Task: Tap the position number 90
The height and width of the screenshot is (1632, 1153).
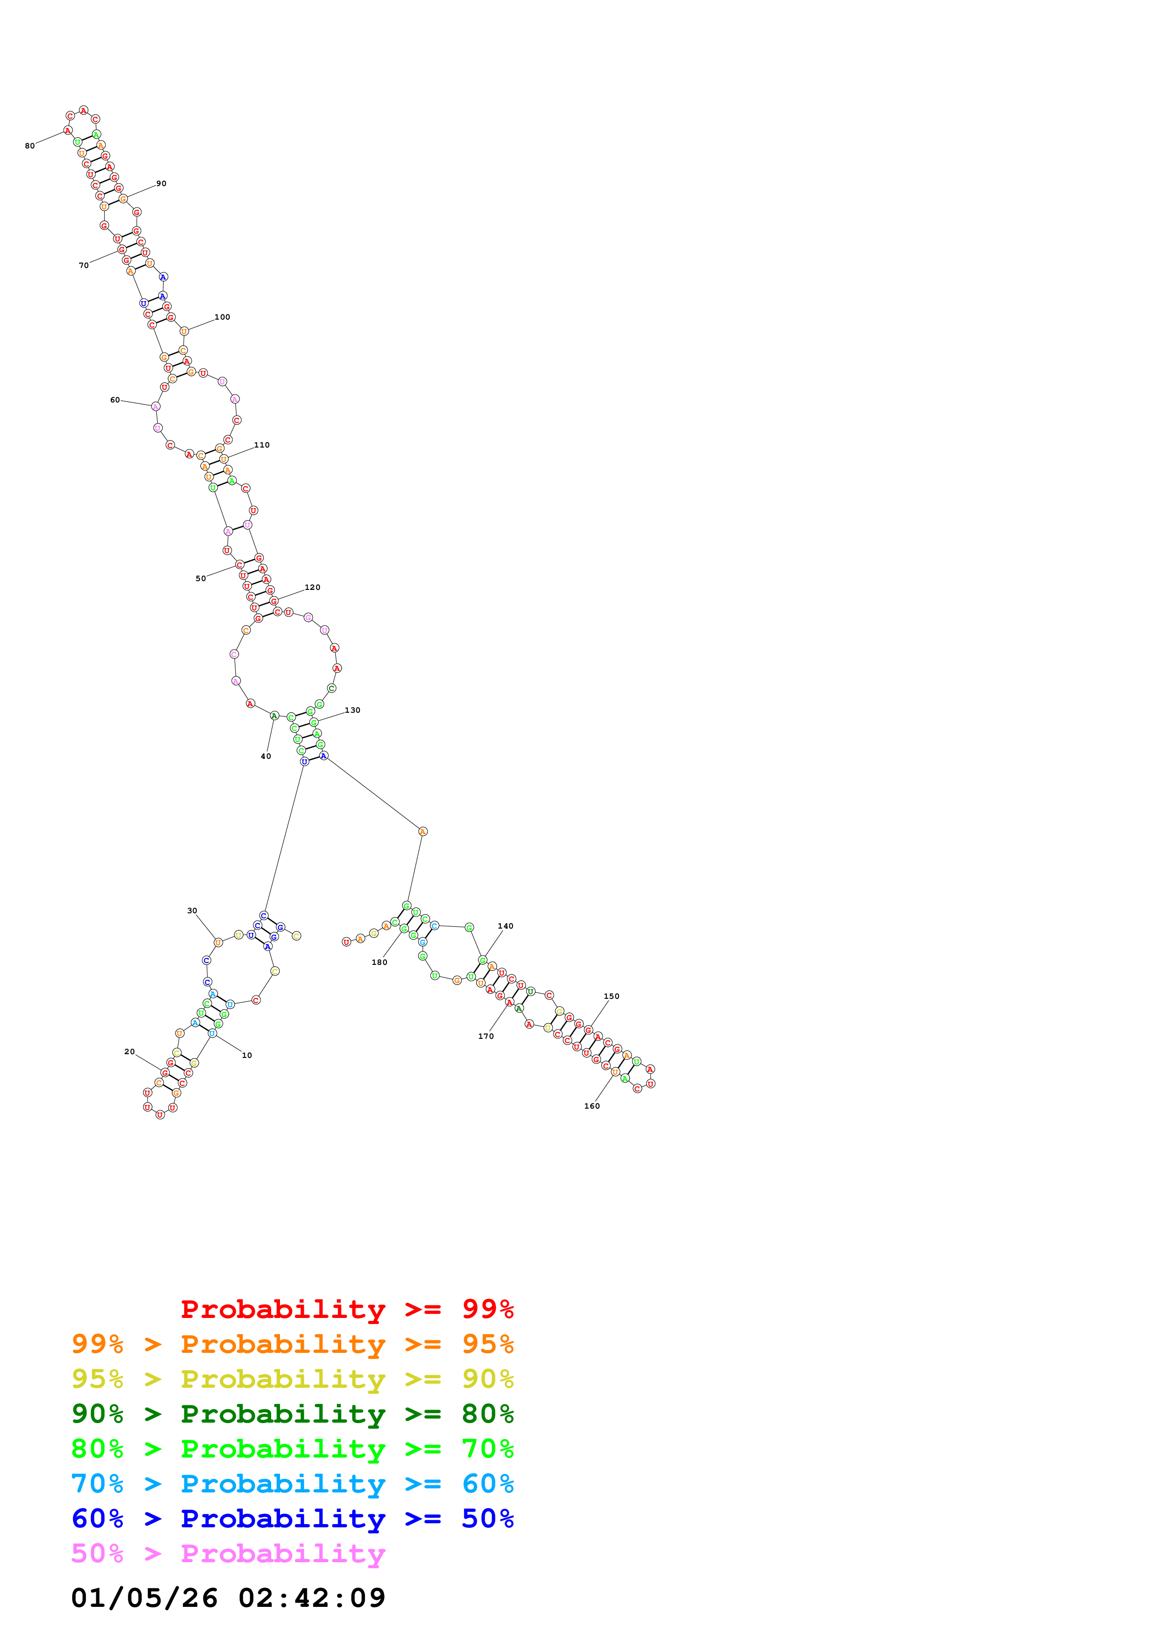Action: point(161,183)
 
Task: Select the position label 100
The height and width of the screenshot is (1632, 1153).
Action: point(222,317)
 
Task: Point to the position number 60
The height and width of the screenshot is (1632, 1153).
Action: point(115,400)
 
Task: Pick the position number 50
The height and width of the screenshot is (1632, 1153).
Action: point(200,579)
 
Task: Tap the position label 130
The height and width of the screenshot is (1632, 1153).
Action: point(353,710)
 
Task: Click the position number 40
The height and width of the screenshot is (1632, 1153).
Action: point(266,756)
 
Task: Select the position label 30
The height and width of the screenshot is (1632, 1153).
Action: point(192,910)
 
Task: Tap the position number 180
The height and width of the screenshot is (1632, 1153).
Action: point(380,963)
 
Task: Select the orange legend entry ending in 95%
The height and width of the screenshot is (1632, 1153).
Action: point(293,1344)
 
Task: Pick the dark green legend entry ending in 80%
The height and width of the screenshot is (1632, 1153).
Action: point(293,1414)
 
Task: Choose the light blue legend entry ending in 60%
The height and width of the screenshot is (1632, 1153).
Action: point(293,1484)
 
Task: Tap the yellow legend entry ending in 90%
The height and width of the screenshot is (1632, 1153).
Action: point(293,1379)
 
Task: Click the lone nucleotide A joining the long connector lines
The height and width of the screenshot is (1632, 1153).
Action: point(423,831)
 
